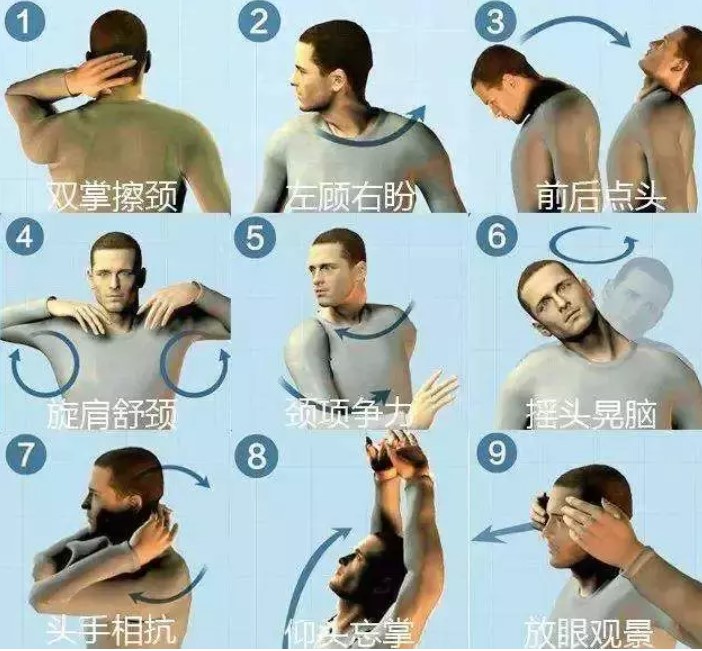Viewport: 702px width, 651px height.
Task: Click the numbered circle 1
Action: pyautogui.click(x=24, y=22)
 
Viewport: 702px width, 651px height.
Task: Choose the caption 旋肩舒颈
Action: pyautogui.click(x=113, y=411)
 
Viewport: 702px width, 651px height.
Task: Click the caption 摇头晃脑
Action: pyautogui.click(x=590, y=411)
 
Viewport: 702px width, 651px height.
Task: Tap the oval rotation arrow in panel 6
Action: pyautogui.click(x=595, y=243)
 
